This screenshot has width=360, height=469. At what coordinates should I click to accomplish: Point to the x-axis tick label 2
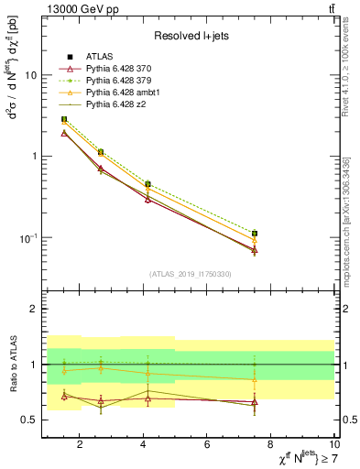pyautogui.click(x=80, y=445)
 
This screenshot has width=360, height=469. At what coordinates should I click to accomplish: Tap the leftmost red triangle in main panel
pyautogui.click(x=63, y=133)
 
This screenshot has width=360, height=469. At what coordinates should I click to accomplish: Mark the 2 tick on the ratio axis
pyautogui.click(x=31, y=309)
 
